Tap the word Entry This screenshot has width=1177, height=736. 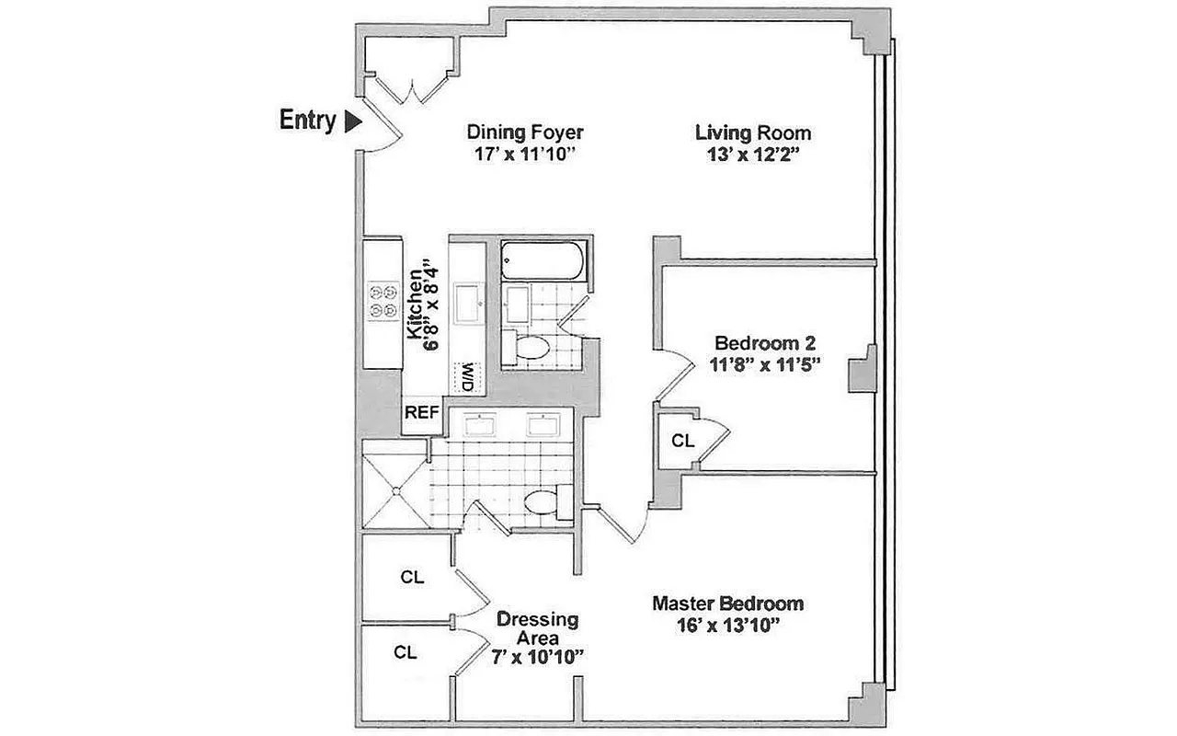[x=307, y=121]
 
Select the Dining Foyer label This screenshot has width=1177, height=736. [x=525, y=132]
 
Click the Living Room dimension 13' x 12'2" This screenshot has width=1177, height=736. [x=753, y=155]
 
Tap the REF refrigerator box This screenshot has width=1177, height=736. [x=422, y=413]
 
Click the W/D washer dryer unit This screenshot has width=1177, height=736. [x=467, y=376]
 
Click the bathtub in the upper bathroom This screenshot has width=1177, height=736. [x=541, y=260]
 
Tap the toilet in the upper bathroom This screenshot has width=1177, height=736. [x=531, y=348]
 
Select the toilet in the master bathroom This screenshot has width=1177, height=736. [x=542, y=502]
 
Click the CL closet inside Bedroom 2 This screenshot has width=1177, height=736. [x=682, y=442]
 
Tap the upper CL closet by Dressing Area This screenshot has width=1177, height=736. [x=412, y=578]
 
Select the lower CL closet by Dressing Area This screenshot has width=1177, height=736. [x=406, y=652]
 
